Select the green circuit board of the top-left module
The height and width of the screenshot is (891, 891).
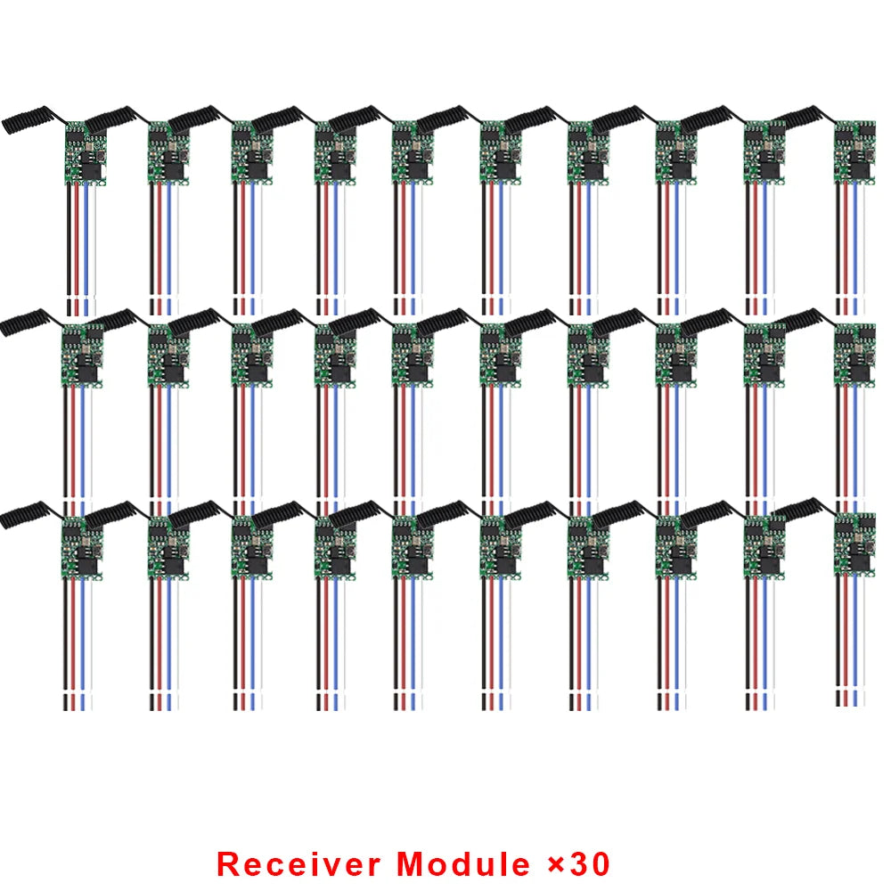click(86, 151)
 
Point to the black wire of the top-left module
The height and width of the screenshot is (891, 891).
click(69, 241)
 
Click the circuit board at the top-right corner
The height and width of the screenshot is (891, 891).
click(855, 151)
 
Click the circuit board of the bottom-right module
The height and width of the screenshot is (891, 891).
click(855, 544)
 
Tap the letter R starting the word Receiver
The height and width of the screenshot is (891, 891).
click(229, 863)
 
